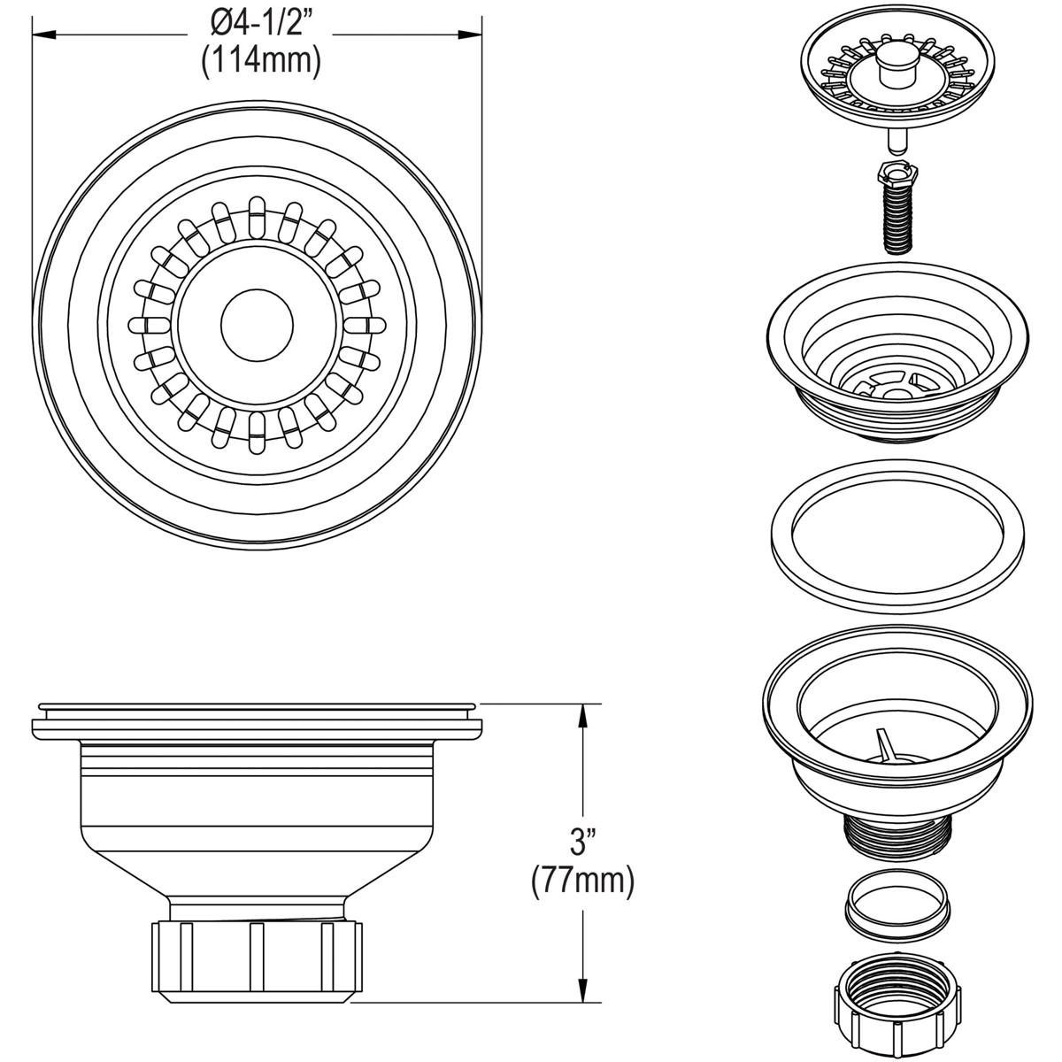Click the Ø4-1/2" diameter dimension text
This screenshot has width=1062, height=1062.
(259, 24)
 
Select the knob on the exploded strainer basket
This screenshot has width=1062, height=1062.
(892, 67)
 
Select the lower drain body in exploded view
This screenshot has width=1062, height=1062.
(894, 726)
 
